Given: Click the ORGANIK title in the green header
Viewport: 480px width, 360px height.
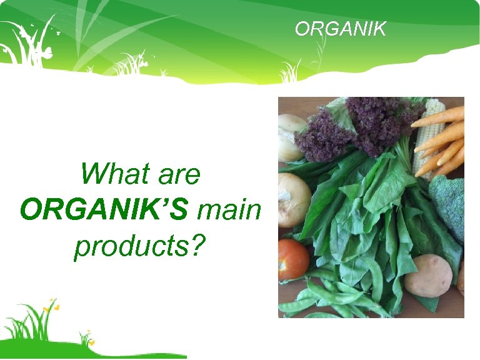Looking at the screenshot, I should pos(341,29).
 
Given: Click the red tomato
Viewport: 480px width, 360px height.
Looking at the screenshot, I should pos(292,259).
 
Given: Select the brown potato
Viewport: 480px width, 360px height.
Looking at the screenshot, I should pos(427,275).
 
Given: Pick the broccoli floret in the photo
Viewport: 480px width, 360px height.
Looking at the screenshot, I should pos(449,206).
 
